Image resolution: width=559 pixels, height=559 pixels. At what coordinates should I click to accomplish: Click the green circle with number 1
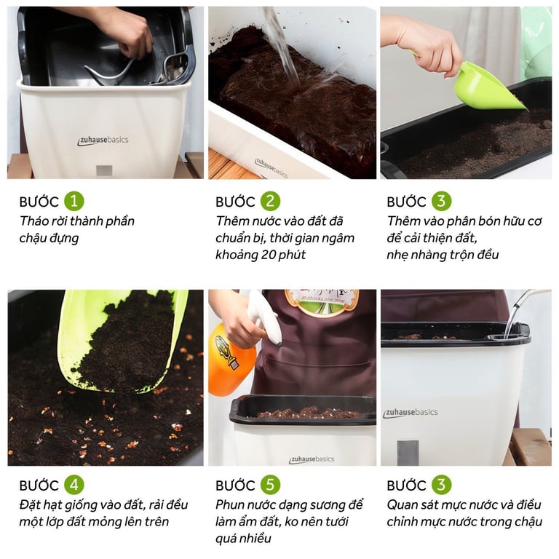click(74, 201)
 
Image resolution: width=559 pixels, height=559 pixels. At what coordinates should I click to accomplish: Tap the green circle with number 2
click(270, 201)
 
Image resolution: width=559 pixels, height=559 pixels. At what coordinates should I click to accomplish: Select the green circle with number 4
click(74, 485)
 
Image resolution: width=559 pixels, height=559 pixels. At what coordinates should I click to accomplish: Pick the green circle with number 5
click(270, 485)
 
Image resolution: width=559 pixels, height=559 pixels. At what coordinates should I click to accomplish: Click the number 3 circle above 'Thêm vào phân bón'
click(441, 201)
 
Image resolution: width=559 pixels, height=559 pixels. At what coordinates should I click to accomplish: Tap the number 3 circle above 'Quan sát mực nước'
click(441, 485)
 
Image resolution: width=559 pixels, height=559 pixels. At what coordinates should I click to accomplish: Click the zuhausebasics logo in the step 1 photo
click(103, 140)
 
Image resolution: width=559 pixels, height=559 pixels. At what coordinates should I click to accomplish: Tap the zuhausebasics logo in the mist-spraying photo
click(312, 459)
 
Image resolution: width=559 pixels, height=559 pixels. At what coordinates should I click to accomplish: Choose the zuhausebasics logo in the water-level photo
click(410, 413)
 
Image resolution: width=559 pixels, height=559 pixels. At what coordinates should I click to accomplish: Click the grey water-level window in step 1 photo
click(104, 170)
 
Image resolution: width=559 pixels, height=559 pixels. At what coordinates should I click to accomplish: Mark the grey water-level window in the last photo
click(408, 453)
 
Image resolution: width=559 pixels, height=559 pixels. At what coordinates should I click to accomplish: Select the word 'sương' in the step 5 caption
click(326, 505)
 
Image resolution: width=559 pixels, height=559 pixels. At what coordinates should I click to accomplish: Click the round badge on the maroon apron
click(322, 302)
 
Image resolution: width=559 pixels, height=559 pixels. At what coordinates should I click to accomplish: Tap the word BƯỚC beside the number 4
click(39, 485)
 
